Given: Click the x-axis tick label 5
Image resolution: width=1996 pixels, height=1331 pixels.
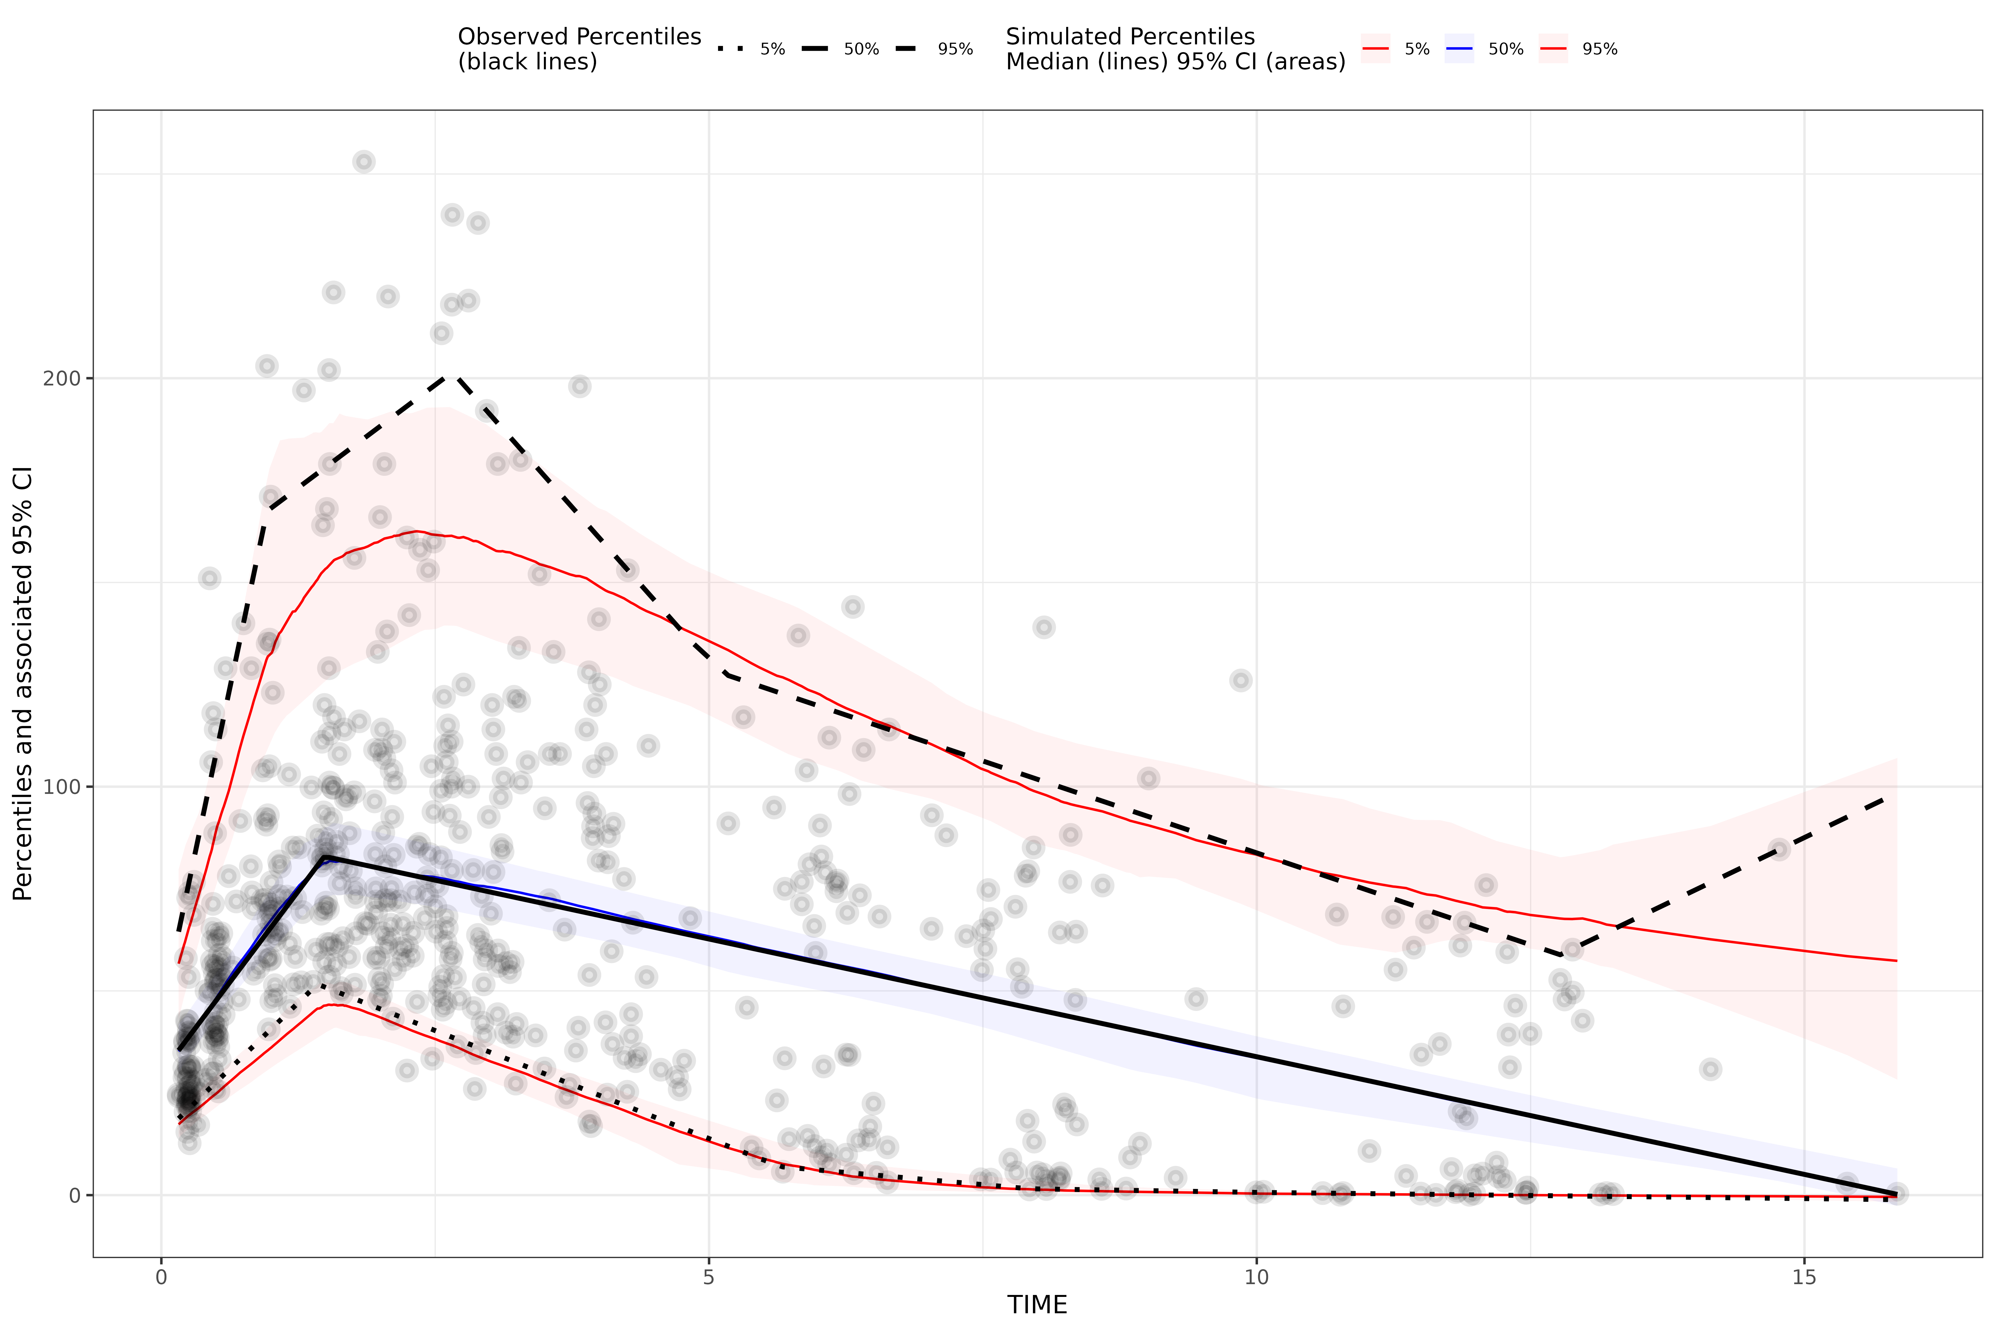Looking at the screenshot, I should point(709,1277).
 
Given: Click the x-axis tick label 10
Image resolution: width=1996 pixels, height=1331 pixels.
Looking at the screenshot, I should point(1256,1277).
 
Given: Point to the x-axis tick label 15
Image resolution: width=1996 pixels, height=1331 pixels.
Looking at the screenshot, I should point(1803,1277).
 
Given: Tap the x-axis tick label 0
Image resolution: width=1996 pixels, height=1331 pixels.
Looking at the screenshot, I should point(161,1277).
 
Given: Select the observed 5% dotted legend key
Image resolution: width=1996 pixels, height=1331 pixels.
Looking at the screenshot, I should point(730,49).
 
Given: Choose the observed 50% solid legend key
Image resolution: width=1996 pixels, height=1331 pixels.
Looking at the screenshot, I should point(815,49).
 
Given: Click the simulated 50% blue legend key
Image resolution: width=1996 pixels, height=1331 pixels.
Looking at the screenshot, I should point(1459,49).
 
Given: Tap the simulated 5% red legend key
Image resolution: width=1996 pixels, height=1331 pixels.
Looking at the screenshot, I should point(1375,49).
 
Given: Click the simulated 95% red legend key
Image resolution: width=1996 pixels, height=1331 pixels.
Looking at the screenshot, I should point(1553,49).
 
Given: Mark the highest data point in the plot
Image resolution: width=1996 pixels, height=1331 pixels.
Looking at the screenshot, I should point(364,161).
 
